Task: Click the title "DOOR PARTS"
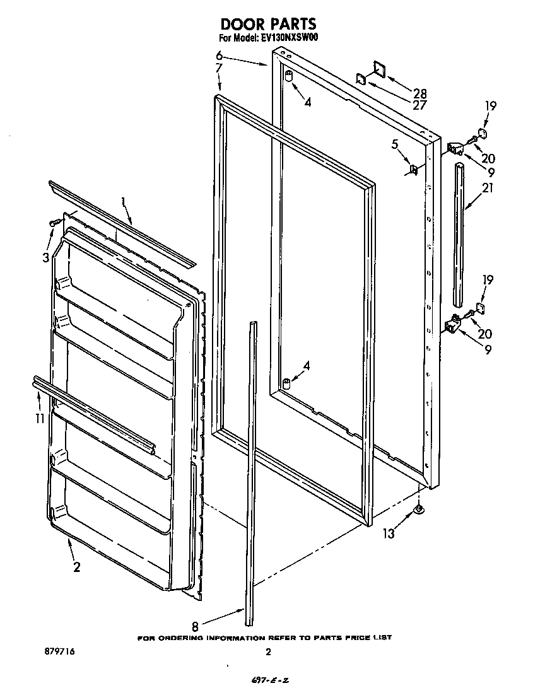pos(268,24)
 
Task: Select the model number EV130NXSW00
pos(289,38)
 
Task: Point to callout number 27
pos(419,105)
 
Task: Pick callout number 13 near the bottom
pos(389,533)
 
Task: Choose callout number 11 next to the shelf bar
pos(40,417)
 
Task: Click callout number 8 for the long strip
pos(195,627)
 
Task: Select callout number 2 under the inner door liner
pos(76,567)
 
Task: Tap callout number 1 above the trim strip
pos(124,202)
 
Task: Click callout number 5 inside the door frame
pos(395,144)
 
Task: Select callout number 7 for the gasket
pos(218,67)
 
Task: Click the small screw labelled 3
pos(54,222)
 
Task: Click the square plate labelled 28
pos(379,69)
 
